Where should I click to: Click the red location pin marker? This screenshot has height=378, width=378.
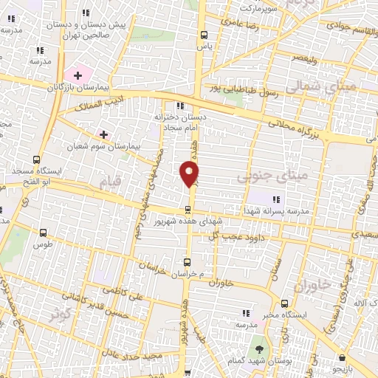click(190, 173)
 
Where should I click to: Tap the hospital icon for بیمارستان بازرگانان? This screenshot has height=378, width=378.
click(78, 75)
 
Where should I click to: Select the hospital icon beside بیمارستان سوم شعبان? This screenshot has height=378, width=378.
click(103, 135)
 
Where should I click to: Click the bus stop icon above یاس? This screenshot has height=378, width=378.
click(205, 35)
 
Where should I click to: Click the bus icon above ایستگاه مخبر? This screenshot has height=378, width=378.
click(285, 303)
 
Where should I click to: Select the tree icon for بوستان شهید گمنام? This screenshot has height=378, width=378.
click(259, 349)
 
